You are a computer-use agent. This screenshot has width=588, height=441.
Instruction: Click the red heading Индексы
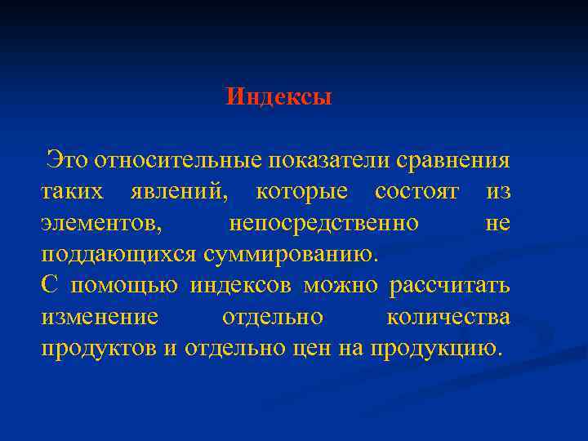[278, 98]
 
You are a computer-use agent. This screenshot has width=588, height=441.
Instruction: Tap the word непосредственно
[324, 223]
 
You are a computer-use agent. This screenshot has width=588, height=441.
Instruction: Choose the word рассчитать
[450, 286]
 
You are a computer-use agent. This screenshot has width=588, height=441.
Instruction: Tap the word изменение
[99, 318]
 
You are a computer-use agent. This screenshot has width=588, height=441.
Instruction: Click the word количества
[448, 318]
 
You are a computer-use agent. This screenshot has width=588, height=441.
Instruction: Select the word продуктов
[98, 350]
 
